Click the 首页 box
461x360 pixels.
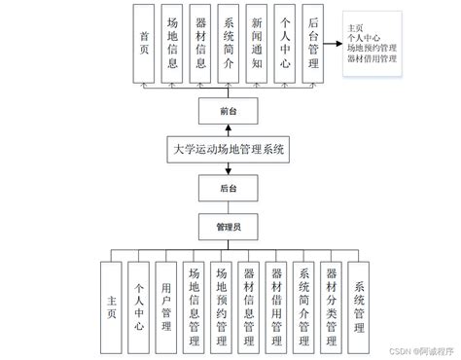(x=144, y=42)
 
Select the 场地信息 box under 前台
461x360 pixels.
(x=172, y=42)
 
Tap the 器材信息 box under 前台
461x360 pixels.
(x=200, y=42)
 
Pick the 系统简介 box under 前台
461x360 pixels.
(x=229, y=42)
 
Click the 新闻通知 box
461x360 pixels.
(x=257, y=42)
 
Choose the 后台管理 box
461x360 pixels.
(x=312, y=42)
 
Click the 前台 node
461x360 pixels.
(x=226, y=113)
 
